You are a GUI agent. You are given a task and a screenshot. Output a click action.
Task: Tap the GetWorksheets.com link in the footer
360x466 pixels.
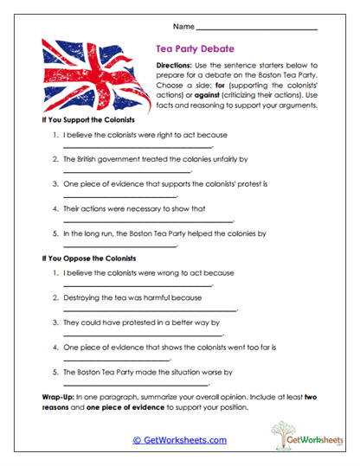tap(179, 440)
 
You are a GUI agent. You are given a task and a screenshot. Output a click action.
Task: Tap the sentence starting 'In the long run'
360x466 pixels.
tap(164, 233)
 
